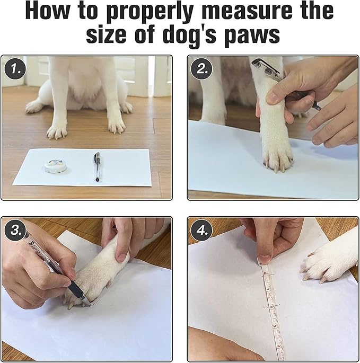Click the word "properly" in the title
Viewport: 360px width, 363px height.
149,13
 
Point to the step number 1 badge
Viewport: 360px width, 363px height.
15,69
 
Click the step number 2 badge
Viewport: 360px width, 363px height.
201,69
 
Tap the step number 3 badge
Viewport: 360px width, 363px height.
15,231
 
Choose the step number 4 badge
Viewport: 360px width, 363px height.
201,231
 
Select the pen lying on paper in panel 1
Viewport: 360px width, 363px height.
98,167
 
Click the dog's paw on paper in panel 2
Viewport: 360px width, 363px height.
277,157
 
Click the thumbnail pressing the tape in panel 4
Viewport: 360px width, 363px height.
265,259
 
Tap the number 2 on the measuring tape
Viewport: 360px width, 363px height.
271,307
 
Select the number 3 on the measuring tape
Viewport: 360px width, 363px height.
275,326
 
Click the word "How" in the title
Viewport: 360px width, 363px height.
47,11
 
